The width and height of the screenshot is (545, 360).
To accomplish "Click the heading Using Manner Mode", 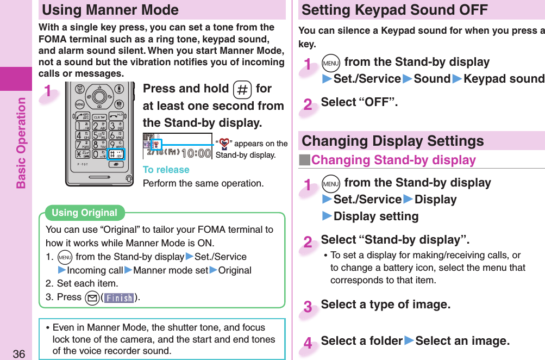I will point(110,10).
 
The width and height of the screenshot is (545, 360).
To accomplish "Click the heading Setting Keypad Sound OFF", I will point(394,10).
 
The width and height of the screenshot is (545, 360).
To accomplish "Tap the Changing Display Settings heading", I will point(392,141).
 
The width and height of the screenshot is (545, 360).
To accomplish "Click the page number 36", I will point(20,354).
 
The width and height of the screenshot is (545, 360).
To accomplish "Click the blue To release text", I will point(166,170).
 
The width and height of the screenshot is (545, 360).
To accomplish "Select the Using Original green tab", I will point(84,213).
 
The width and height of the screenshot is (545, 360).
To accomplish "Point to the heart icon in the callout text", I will point(222,144).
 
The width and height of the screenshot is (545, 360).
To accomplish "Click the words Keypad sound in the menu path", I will point(503,79).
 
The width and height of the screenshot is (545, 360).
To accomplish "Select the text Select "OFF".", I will point(359,102).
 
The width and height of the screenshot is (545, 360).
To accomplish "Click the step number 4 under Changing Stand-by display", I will point(308,343).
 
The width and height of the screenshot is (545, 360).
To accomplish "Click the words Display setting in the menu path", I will point(376,216).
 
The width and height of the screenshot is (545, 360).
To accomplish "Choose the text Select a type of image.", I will point(385,305).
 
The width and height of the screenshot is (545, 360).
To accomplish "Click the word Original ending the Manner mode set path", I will point(235,270).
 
